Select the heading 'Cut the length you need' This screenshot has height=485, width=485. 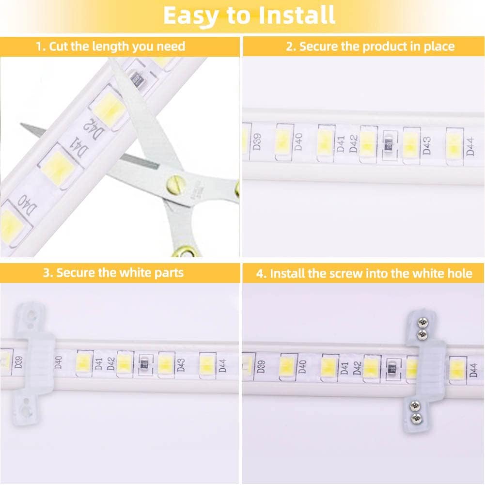pos(111,47)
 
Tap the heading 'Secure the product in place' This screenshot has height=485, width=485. pos(370,47)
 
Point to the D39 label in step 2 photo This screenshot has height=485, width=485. pos(257,141)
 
